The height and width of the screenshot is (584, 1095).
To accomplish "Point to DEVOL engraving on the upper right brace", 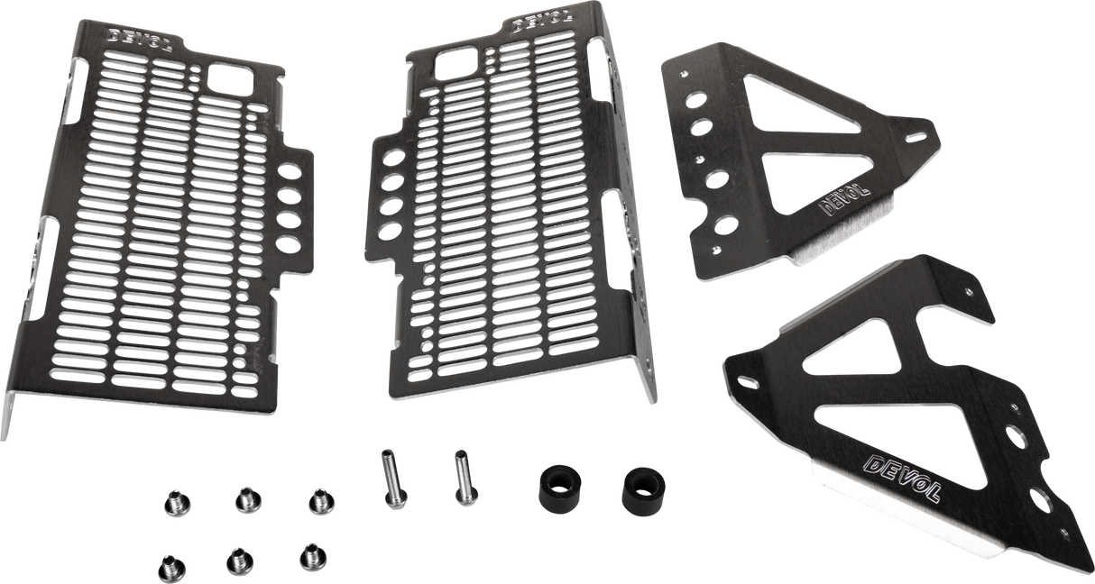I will pos(837,204).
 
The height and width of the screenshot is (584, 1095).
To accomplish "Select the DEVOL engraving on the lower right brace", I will pos(903,478).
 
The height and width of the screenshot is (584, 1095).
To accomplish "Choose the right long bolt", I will pos(462,477).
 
